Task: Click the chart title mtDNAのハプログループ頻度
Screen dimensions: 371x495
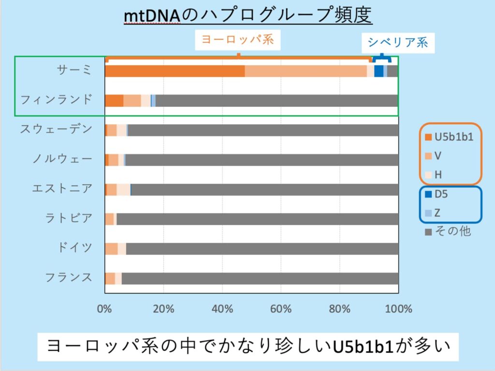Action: coord(247,16)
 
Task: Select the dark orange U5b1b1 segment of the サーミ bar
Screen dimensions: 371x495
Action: coord(175,71)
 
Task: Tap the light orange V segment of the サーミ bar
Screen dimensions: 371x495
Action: coord(306,71)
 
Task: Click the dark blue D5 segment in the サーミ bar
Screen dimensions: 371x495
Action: coord(379,71)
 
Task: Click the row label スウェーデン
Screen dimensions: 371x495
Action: coord(56,129)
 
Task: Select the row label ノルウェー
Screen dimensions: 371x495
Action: coord(62,159)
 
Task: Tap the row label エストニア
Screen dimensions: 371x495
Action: coord(62,188)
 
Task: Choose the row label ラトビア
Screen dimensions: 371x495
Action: coord(68,218)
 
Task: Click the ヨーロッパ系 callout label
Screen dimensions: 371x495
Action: coord(237,40)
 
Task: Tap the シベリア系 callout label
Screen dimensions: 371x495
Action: coord(398,43)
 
